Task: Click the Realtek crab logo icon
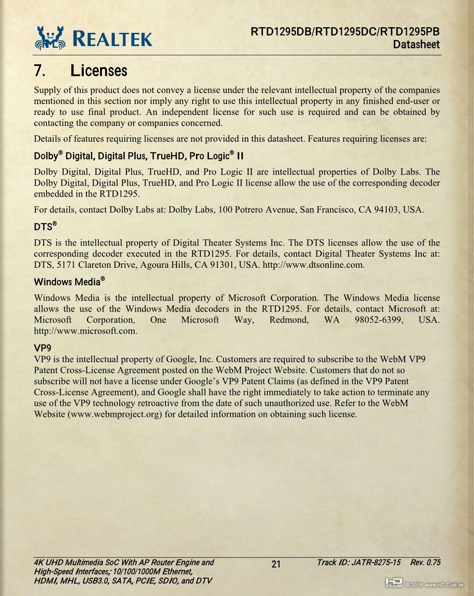[x=50, y=38]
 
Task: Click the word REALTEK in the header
[x=112, y=39]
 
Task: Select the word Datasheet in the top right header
[x=416, y=44]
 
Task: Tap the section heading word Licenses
[x=99, y=71]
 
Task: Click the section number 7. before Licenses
[x=39, y=71]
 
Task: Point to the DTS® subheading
[x=45, y=226]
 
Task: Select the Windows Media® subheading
[x=69, y=281]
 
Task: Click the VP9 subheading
[x=43, y=348]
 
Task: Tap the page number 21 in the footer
[x=276, y=564]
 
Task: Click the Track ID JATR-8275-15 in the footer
[x=359, y=563]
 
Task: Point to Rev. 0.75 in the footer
[x=425, y=563]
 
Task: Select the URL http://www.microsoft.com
[x=85, y=331]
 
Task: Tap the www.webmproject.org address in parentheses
[x=115, y=414]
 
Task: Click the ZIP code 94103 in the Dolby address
[x=387, y=209]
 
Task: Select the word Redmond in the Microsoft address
[x=289, y=320]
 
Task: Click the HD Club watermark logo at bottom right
[x=394, y=583]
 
